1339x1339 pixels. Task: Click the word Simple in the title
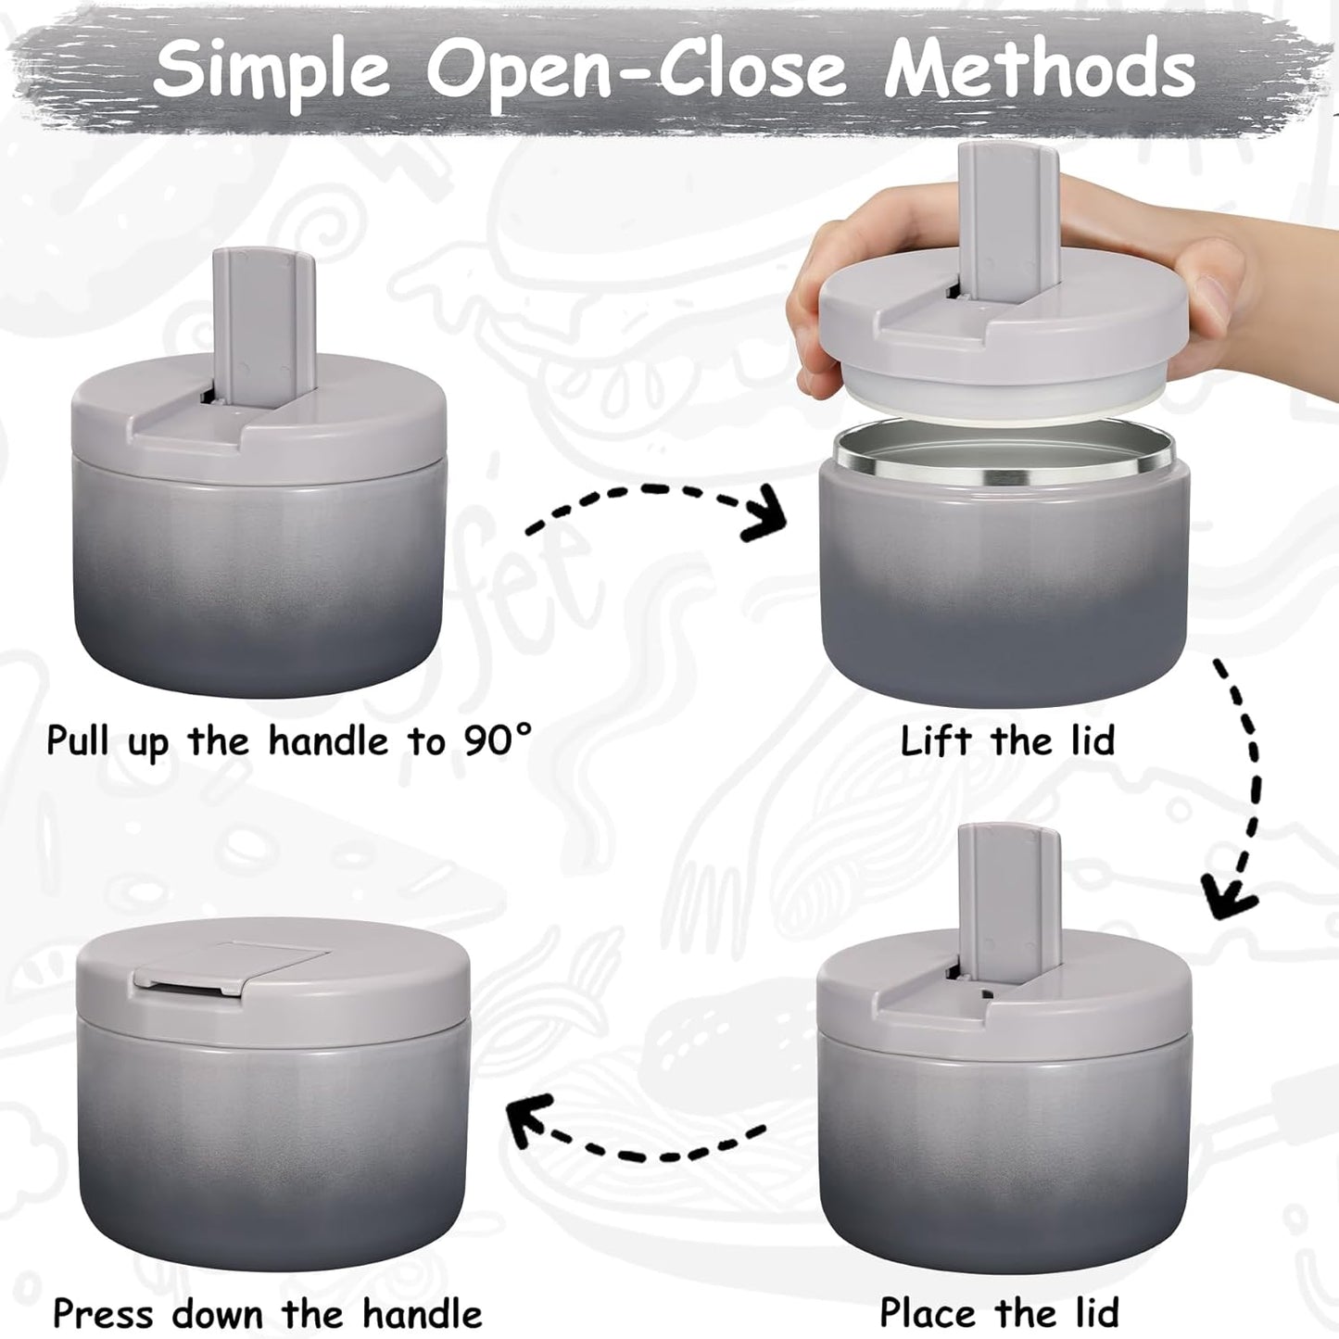click(x=272, y=69)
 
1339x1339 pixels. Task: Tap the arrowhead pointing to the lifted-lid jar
click(x=767, y=521)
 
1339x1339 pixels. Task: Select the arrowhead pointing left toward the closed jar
click(x=530, y=1117)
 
